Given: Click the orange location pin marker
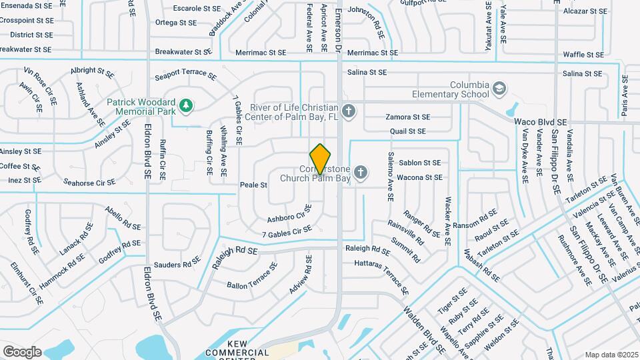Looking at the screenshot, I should click(x=321, y=159).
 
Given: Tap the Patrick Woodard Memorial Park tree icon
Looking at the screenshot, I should click(x=187, y=105).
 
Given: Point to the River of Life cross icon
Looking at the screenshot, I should click(x=347, y=110).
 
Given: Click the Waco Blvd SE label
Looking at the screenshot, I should click(x=541, y=123).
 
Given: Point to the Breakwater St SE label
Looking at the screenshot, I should click(x=183, y=51).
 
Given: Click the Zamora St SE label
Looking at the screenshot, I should click(x=408, y=117).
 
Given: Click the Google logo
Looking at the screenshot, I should click(x=22, y=351).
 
